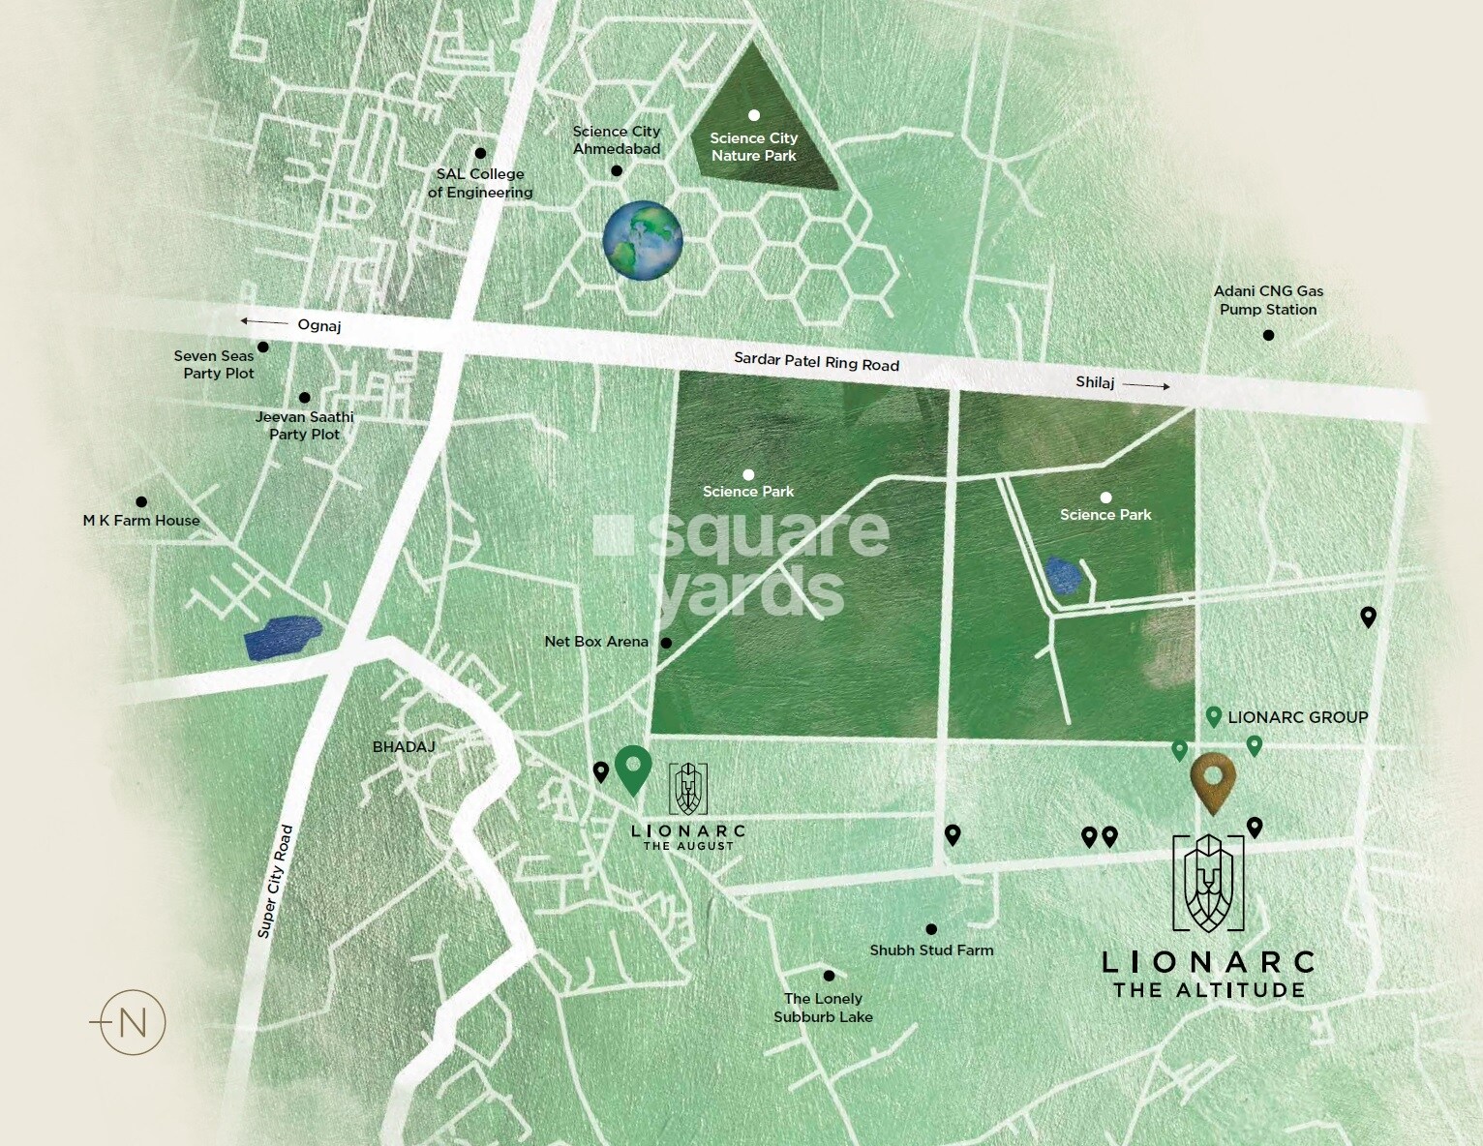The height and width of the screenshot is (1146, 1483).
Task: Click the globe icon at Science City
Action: [643, 241]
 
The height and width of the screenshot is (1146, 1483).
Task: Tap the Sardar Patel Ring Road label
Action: [816, 362]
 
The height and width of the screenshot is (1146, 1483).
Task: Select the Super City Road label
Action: [274, 881]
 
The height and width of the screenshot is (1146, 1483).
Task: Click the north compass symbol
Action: [133, 1022]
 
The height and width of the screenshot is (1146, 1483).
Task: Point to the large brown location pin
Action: [1213, 782]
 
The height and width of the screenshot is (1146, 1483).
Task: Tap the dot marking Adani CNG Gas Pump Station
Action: [1268, 335]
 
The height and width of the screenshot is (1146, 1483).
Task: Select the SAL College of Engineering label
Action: [480, 183]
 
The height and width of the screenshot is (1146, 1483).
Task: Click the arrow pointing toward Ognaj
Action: [263, 321]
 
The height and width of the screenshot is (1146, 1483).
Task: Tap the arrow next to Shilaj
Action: [1146, 385]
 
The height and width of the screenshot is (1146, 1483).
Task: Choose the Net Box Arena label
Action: [596, 642]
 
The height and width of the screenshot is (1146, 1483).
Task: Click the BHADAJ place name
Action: [404, 747]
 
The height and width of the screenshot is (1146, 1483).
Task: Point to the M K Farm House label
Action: [141, 521]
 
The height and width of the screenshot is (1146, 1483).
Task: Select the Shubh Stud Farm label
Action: [931, 950]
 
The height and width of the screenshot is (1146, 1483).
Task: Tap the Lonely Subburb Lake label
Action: [824, 1008]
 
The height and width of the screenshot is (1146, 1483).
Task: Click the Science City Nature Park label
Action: [753, 147]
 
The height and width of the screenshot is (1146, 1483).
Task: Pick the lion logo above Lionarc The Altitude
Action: [1208, 883]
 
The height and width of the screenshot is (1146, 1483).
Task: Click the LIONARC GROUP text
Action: [1297, 717]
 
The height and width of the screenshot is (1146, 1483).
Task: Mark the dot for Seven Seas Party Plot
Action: [263, 347]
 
